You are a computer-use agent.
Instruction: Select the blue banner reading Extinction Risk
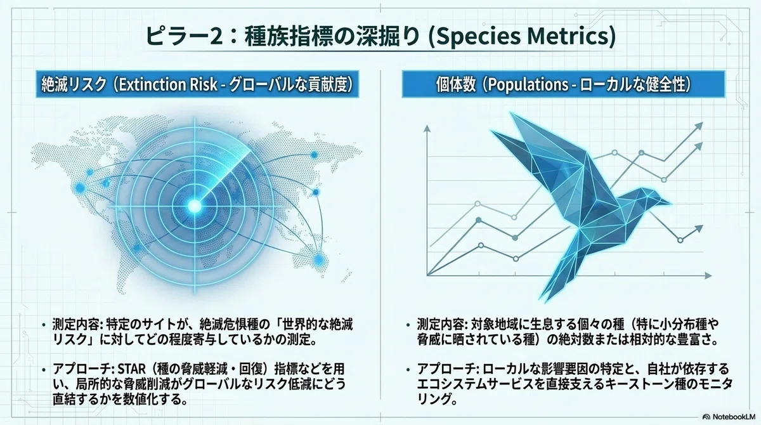pyautogui.click(x=197, y=84)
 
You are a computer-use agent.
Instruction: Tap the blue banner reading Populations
pyautogui.click(x=564, y=84)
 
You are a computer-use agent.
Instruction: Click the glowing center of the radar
pyautogui.click(x=195, y=205)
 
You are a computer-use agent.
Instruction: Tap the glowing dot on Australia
pyautogui.click(x=318, y=260)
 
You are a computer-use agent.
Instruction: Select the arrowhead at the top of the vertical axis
pyautogui.click(x=427, y=128)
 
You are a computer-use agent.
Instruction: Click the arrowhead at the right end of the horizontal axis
pyautogui.click(x=708, y=275)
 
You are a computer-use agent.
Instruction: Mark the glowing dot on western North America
pyautogui.click(x=80, y=187)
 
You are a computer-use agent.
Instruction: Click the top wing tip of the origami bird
pyautogui.click(x=512, y=114)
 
